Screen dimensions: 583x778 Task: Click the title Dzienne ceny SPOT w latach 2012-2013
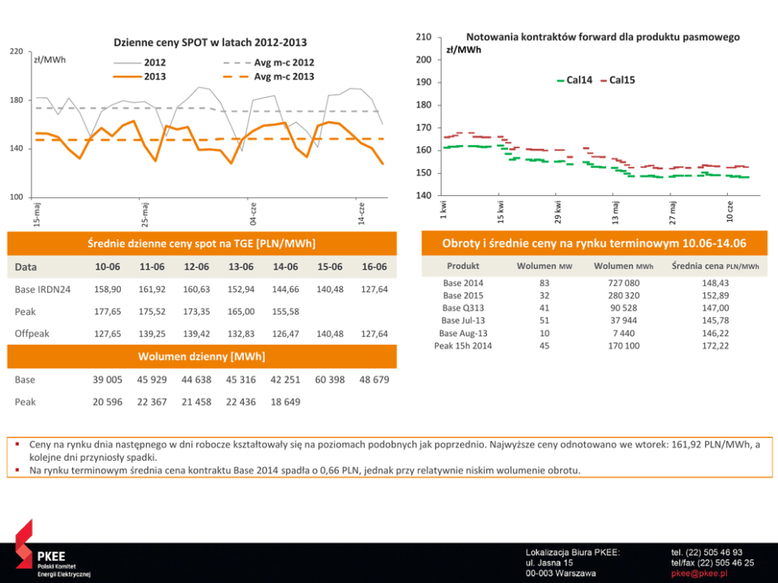pyautogui.click(x=210, y=42)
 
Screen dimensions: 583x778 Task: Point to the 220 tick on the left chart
pyautogui.click(x=16, y=51)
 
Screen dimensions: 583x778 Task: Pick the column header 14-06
pyautogui.click(x=285, y=267)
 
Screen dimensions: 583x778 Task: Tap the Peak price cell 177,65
pyautogui.click(x=107, y=312)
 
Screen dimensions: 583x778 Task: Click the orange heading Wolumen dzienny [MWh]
pyautogui.click(x=202, y=357)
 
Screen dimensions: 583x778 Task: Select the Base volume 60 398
pyautogui.click(x=330, y=380)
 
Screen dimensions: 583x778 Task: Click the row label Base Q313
pyautogui.click(x=463, y=308)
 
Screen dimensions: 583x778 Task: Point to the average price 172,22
pyautogui.click(x=714, y=346)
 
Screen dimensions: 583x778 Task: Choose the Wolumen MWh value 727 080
pyautogui.click(x=623, y=283)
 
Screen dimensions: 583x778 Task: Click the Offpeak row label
pyautogui.click(x=32, y=334)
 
